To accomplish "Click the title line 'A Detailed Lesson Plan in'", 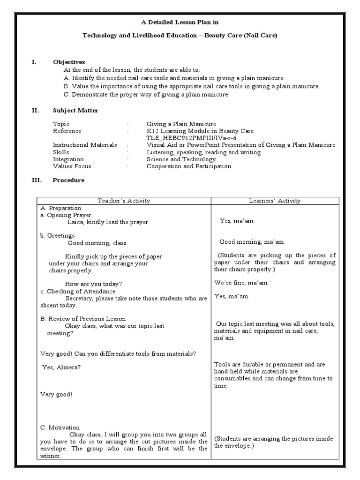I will (180, 22).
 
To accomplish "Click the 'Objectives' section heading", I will (69, 62).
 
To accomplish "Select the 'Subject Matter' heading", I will (75, 111).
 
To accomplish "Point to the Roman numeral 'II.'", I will (35, 111).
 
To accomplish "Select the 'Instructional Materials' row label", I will (85, 145).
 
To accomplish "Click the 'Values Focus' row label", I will (72, 166).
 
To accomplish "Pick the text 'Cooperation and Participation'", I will (188, 166).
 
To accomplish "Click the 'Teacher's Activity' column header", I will (124, 201).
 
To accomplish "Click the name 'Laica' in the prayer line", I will (75, 222).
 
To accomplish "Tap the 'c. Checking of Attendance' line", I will (77, 292).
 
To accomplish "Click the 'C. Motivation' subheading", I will (60, 427).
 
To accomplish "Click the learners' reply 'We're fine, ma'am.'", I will (242, 283).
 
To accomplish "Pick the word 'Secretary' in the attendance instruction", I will (79, 299).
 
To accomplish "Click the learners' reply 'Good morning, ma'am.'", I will (252, 242).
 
